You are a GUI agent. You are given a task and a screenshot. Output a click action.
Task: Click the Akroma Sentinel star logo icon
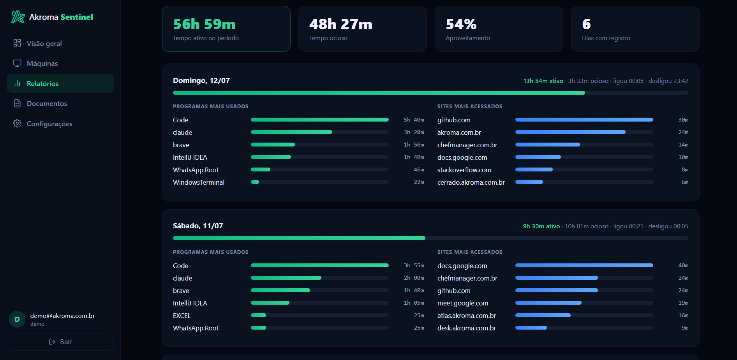click(18, 17)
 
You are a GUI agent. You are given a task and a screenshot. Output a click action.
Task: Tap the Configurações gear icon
click(17, 124)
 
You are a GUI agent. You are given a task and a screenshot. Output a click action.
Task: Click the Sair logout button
click(60, 342)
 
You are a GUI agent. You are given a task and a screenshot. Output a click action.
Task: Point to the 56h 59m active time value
click(204, 24)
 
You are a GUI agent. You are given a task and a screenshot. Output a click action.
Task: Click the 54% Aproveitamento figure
click(461, 24)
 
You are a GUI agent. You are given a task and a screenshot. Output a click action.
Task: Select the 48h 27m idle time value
click(341, 24)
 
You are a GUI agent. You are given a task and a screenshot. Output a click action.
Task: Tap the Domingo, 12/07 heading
click(201, 81)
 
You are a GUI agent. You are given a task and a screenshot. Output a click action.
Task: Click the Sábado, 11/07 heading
click(198, 226)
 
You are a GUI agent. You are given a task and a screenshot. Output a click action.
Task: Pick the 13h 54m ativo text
click(543, 81)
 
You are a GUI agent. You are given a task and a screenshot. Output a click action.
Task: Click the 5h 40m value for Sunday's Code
click(414, 120)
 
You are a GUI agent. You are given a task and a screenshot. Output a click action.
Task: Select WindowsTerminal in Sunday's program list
click(199, 182)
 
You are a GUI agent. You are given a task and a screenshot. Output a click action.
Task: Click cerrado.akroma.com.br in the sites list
click(471, 182)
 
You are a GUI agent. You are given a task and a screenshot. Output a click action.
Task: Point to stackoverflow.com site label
click(464, 170)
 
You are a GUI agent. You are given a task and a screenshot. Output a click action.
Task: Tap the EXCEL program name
click(182, 316)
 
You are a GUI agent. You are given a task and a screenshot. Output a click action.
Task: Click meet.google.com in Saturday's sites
click(463, 303)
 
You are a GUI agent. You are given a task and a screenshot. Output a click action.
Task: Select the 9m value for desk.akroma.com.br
click(685, 328)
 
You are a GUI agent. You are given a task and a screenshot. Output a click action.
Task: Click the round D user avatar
click(17, 319)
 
